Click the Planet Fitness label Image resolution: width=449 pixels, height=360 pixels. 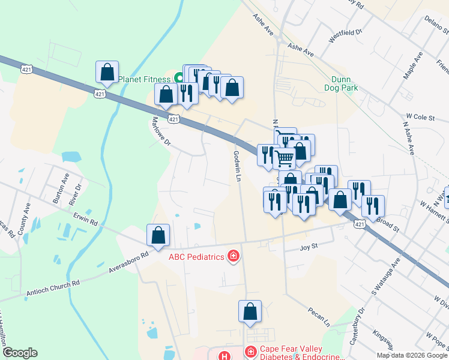coord(144,79)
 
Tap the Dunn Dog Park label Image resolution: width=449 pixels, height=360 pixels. coord(345,83)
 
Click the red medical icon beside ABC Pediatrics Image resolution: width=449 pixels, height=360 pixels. coord(233,257)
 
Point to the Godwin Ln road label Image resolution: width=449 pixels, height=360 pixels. coord(236,166)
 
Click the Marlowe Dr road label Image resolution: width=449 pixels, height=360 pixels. coord(160,133)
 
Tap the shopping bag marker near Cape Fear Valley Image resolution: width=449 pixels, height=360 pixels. coord(250,311)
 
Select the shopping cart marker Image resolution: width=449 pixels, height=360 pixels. coord(285,158)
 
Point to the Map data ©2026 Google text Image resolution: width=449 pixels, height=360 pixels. coord(412,355)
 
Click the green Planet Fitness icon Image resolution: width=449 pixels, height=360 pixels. coord(178,77)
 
